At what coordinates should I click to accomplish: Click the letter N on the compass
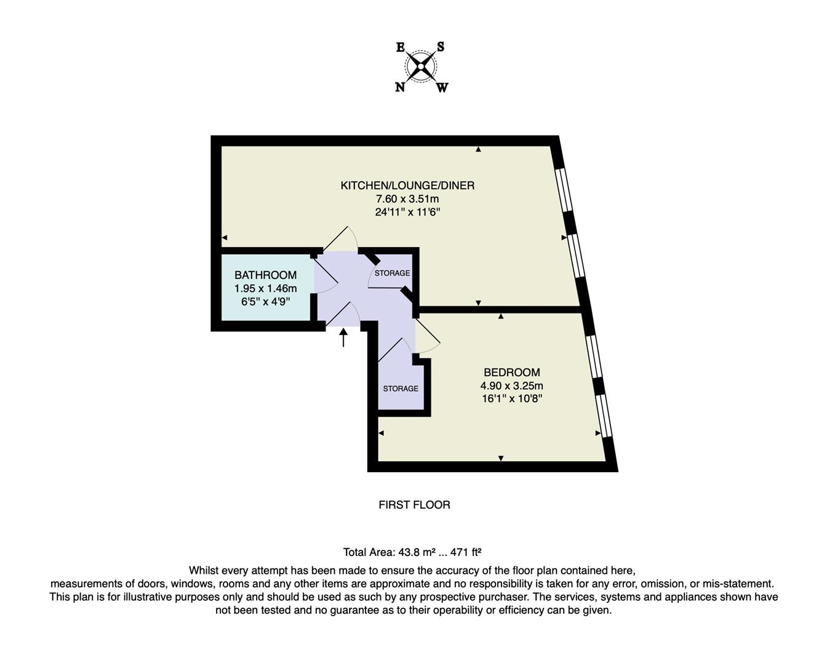point(400,87)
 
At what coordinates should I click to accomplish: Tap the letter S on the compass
point(441,47)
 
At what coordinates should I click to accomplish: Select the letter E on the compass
point(400,47)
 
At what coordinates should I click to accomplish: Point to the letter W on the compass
point(442,87)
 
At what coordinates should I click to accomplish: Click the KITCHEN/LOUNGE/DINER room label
point(407,185)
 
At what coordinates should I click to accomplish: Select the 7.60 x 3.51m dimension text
point(407,199)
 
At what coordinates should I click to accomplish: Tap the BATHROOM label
point(265,275)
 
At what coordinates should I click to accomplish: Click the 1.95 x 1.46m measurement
point(265,288)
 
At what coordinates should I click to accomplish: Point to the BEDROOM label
point(511,373)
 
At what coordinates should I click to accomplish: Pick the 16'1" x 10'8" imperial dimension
point(511,398)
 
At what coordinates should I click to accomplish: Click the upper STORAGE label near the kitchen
point(392,273)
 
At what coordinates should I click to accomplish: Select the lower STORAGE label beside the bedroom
point(401,389)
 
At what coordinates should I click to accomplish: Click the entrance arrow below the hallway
point(343,337)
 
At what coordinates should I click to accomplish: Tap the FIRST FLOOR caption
point(414,505)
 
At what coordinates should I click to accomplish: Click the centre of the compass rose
point(421,66)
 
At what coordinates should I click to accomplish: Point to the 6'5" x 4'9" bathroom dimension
point(265,302)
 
